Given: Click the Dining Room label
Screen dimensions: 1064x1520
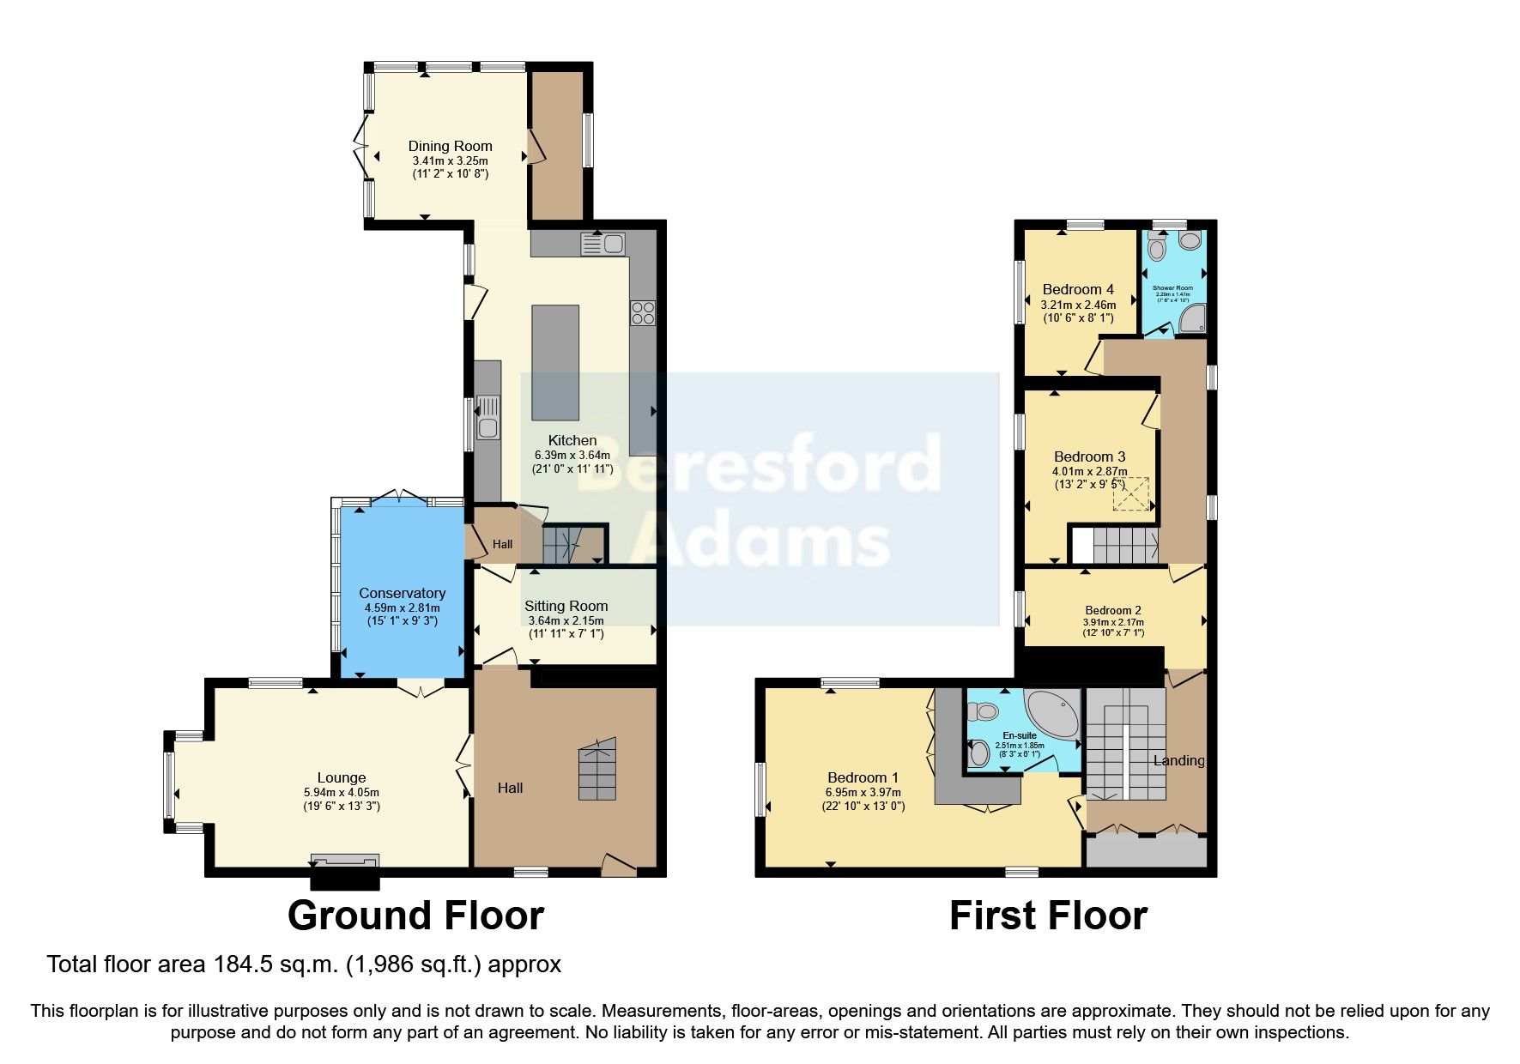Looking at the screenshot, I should [450, 146].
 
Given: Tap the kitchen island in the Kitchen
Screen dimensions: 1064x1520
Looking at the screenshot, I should [555, 362].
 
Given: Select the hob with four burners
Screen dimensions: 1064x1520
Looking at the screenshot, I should [643, 313].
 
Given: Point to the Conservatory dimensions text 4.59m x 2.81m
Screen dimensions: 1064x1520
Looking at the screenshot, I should [402, 608].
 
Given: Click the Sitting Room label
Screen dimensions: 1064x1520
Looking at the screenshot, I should [566, 606].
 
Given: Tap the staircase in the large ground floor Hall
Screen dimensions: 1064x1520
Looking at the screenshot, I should [597, 771].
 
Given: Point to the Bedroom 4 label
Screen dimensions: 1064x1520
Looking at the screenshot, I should [1078, 289].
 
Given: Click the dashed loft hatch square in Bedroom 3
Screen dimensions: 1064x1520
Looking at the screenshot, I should [1131, 493].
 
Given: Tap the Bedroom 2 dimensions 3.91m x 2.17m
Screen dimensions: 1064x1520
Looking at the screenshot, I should [1113, 622].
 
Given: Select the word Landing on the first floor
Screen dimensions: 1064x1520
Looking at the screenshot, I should [1178, 760].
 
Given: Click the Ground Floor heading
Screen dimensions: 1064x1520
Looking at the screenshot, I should [415, 916].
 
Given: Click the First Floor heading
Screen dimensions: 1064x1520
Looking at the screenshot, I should [1048, 916].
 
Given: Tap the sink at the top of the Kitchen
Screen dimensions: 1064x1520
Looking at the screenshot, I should [603, 244].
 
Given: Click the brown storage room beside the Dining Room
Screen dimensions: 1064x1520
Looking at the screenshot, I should [557, 144].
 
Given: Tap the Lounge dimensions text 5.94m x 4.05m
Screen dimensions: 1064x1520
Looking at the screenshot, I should [342, 793].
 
